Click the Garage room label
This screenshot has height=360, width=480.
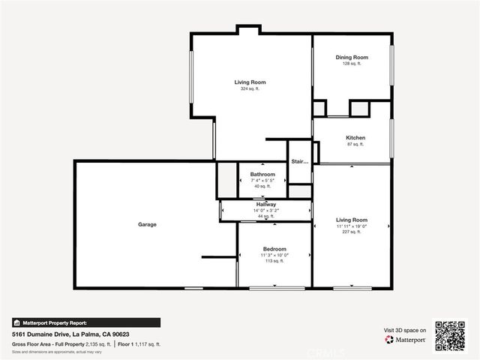(147, 224)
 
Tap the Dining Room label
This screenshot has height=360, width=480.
(352, 57)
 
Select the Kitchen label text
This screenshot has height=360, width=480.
(355, 138)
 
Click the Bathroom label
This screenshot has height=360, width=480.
(262, 174)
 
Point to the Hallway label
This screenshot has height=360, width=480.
(265, 204)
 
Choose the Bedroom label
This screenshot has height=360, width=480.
(274, 248)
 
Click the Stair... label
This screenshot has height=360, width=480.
(300, 161)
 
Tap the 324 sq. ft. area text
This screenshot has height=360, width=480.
(250, 89)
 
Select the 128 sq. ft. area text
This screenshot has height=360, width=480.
(352, 64)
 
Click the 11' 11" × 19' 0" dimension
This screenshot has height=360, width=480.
(352, 226)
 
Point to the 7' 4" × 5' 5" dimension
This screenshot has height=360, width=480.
(262, 181)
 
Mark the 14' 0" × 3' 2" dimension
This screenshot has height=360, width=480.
(265, 211)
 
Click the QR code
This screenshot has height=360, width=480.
(450, 335)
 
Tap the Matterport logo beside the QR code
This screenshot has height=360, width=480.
(406, 340)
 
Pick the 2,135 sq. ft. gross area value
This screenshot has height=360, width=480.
(97, 343)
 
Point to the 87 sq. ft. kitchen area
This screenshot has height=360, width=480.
(355, 145)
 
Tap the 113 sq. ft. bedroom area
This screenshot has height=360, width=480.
(274, 262)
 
